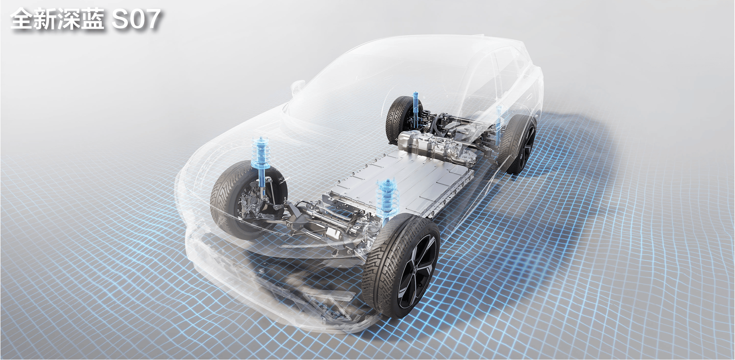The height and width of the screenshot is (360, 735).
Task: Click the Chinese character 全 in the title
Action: coord(22,19)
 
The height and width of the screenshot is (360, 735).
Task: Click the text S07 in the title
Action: coord(136,19)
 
